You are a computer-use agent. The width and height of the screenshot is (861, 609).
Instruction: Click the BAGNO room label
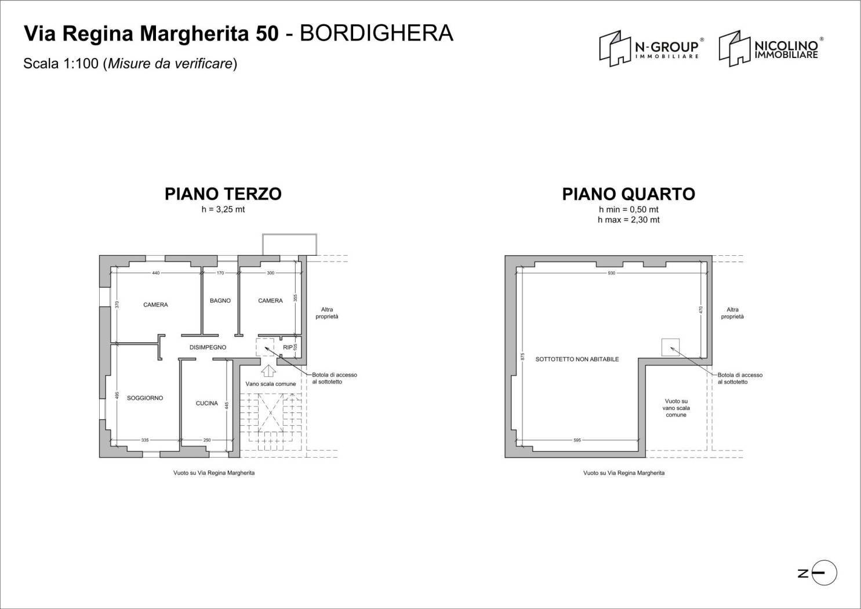pyautogui.click(x=220, y=300)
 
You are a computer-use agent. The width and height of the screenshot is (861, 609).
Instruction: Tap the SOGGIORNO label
pyautogui.click(x=145, y=398)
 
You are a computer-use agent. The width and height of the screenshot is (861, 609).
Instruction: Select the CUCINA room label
pyautogui.click(x=206, y=403)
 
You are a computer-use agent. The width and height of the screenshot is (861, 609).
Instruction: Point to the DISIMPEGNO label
pyautogui.click(x=208, y=347)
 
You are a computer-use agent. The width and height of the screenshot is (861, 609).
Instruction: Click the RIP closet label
pyautogui.click(x=288, y=347)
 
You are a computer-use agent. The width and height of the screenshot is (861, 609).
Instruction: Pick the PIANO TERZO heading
pyautogui.click(x=223, y=194)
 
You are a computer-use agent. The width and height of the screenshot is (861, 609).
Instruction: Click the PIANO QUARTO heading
pyautogui.click(x=629, y=194)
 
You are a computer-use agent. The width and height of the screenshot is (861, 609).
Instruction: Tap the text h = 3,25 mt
pyautogui.click(x=223, y=209)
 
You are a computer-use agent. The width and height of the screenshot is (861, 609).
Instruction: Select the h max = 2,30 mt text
pyautogui.click(x=629, y=220)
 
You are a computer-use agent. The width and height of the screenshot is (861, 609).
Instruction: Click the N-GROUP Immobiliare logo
pyautogui.click(x=651, y=48)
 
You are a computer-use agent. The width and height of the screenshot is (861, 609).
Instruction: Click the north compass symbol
pyautogui.click(x=823, y=573)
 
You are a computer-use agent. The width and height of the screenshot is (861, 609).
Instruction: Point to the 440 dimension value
pyautogui.click(x=155, y=273)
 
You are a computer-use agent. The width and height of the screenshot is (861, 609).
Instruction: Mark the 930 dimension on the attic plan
pyautogui.click(x=611, y=273)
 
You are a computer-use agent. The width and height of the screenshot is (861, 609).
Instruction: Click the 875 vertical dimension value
pyautogui.click(x=522, y=356)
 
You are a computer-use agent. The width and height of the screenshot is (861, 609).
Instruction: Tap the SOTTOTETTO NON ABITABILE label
pyautogui.click(x=577, y=359)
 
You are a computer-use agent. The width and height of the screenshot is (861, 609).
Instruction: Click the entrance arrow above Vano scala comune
pyautogui.click(x=268, y=371)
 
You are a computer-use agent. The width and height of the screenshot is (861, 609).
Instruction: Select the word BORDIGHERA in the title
pyautogui.click(x=376, y=34)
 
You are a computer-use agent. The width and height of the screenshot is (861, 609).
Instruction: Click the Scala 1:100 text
pyautogui.click(x=61, y=64)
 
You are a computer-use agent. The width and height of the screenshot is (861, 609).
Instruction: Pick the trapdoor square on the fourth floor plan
pyautogui.click(x=670, y=347)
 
